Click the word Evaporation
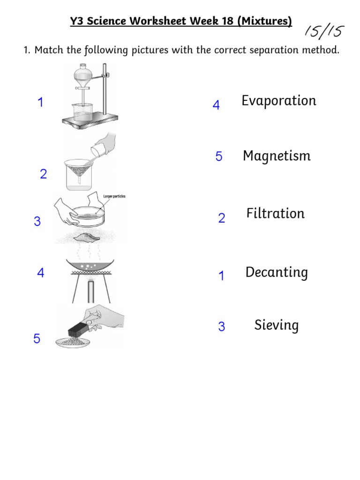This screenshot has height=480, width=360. pyautogui.click(x=279, y=101)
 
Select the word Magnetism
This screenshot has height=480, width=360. pyautogui.click(x=277, y=156)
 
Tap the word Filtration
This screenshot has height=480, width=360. pyautogui.click(x=276, y=214)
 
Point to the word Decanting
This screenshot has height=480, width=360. pyautogui.click(x=277, y=272)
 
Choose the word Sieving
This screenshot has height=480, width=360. pyautogui.click(x=277, y=325)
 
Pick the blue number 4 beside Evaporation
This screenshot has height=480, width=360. pyautogui.click(x=216, y=105)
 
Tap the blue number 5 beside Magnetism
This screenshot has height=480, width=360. pyautogui.click(x=219, y=157)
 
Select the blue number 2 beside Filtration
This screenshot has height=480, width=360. pyautogui.click(x=222, y=218)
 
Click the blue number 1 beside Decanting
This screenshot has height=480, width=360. pyautogui.click(x=221, y=277)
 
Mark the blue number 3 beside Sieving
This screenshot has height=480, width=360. pyautogui.click(x=222, y=327)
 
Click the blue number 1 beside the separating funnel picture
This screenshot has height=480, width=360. pyautogui.click(x=41, y=102)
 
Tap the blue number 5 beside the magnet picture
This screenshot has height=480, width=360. pyautogui.click(x=37, y=339)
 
